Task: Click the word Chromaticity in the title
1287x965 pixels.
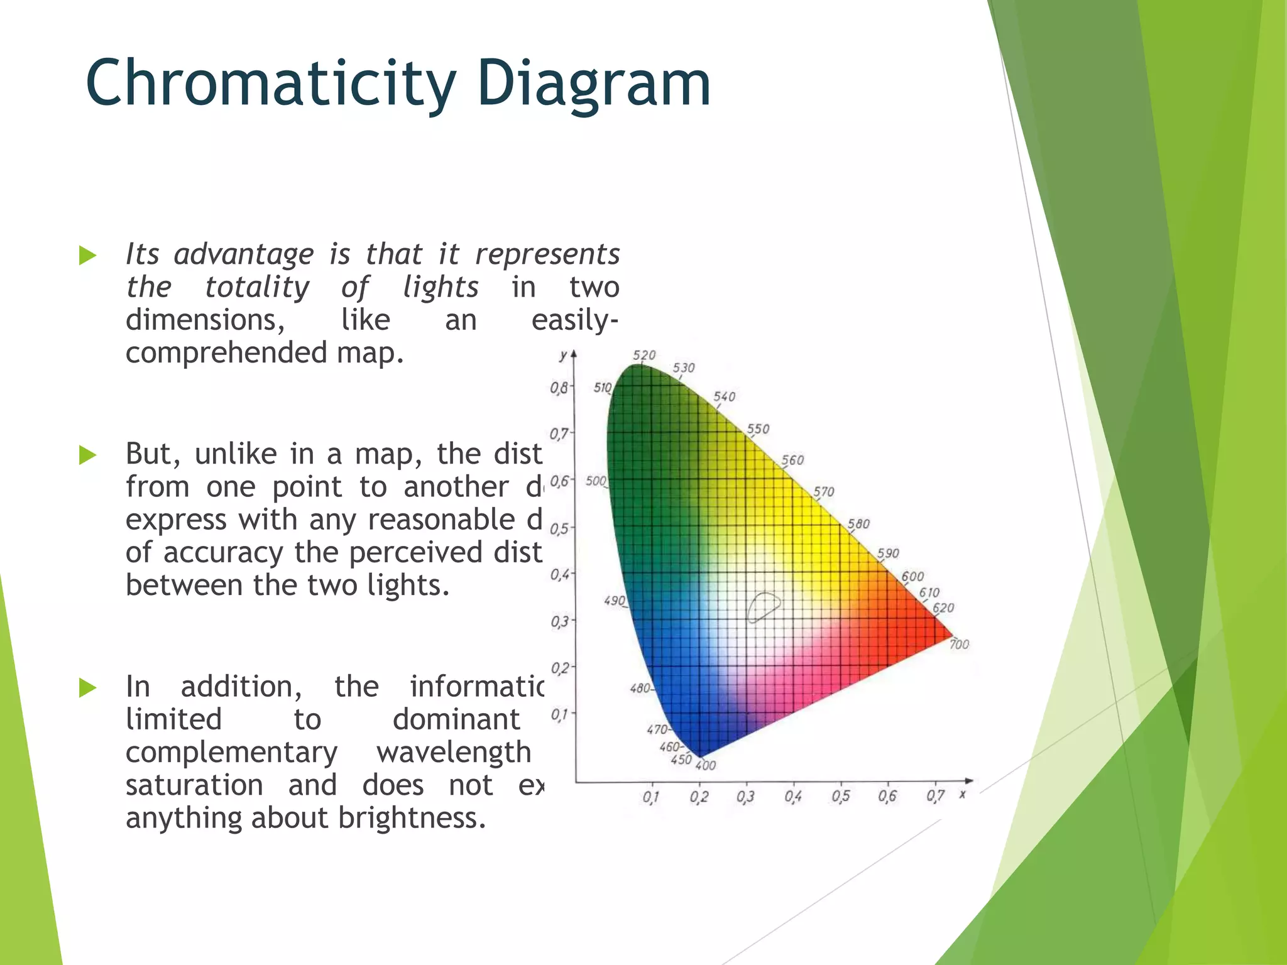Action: click(270, 84)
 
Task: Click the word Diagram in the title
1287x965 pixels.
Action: click(593, 84)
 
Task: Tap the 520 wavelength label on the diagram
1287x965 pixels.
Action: click(644, 355)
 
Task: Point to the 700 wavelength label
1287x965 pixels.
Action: click(959, 644)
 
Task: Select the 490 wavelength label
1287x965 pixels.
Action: click(615, 601)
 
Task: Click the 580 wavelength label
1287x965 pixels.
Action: click(858, 523)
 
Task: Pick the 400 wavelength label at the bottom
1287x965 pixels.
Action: click(706, 765)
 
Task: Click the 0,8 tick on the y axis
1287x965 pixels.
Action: click(559, 388)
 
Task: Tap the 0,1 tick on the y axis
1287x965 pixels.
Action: click(559, 714)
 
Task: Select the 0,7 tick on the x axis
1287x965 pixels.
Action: click(935, 796)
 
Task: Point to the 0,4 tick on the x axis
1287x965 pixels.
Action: click(793, 797)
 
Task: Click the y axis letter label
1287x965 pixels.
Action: click(564, 355)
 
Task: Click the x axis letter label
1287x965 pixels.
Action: click(962, 795)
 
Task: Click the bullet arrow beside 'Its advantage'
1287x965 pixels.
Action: click(88, 256)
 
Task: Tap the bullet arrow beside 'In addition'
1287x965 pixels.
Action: click(88, 688)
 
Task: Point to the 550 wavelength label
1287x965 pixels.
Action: click(758, 428)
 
